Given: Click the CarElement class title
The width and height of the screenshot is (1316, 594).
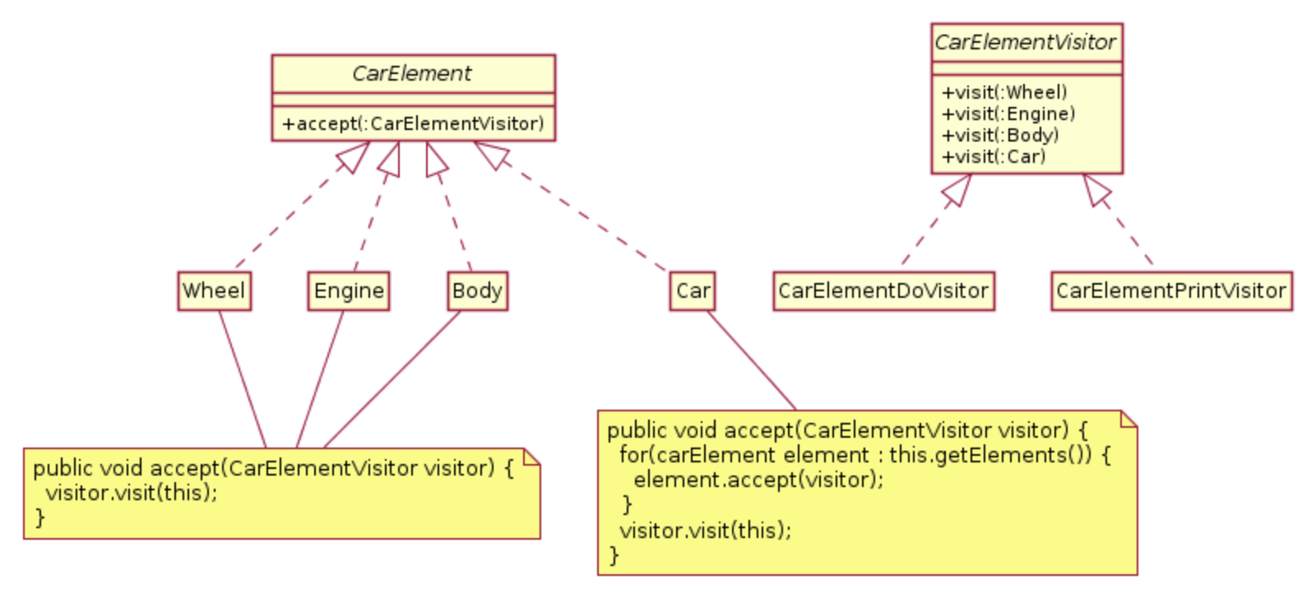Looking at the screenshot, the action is click(412, 73).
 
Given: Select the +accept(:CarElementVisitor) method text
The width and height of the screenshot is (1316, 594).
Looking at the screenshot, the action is click(413, 124).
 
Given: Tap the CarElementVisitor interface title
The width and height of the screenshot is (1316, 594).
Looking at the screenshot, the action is click(1025, 42).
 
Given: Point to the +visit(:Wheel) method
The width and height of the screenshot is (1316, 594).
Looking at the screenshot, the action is click(1004, 92).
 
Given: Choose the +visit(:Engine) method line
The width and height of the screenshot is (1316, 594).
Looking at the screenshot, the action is click(1008, 114).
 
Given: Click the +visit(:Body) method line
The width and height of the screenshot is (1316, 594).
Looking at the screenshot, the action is click(1000, 135).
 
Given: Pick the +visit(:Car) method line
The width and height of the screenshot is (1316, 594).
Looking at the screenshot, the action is click(994, 157).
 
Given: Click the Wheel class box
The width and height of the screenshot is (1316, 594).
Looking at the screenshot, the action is click(215, 291).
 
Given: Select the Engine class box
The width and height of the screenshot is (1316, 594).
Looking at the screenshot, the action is click(349, 291).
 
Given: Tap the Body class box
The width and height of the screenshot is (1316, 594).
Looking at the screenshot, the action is click(478, 291).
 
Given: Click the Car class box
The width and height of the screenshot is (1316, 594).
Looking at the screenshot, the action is click(693, 291).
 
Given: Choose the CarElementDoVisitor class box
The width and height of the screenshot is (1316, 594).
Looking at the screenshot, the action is click(883, 291).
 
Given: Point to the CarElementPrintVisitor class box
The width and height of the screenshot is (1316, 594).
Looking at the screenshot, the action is click(1171, 291).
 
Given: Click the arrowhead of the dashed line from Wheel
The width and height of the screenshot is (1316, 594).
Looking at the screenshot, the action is click(354, 156).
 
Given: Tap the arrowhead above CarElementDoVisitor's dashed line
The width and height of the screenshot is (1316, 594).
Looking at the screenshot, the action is click(957, 189).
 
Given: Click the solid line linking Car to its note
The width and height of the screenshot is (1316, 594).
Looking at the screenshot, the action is click(752, 360).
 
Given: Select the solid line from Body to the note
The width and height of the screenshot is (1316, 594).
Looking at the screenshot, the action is click(392, 379).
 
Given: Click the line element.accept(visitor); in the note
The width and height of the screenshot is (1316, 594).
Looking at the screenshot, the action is click(758, 480).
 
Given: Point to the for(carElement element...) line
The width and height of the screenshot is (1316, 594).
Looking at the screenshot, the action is click(864, 455).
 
